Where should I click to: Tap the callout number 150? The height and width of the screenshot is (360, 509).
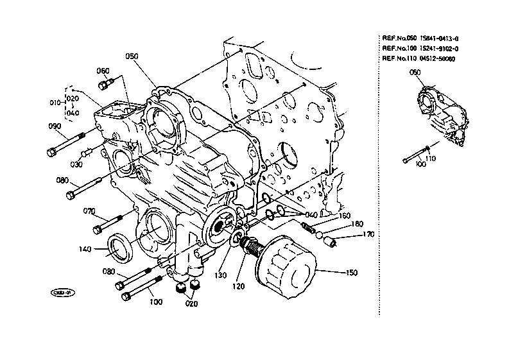pyautogui.click(x=351, y=273)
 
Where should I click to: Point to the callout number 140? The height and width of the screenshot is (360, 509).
pyautogui.click(x=85, y=248)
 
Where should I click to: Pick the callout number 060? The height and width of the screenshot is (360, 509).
pyautogui.click(x=103, y=71)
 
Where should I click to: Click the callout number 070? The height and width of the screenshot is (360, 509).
pyautogui.click(x=89, y=210)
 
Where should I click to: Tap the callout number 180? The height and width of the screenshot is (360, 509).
pyautogui.click(x=340, y=223)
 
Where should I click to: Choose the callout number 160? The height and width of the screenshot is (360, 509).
pyautogui.click(x=344, y=216)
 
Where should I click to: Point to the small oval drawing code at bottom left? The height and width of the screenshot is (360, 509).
pyautogui.click(x=64, y=293)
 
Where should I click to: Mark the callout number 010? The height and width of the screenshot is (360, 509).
pyautogui.click(x=55, y=102)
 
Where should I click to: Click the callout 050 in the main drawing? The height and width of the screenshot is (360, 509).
pyautogui.click(x=132, y=56)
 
